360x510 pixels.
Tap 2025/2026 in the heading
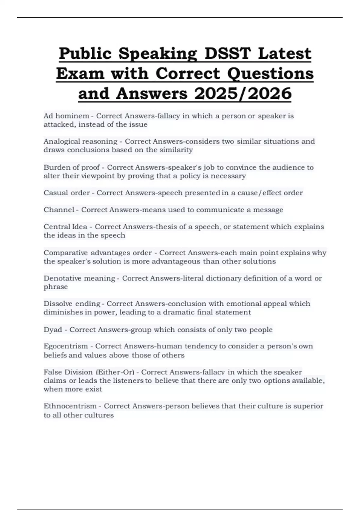click(x=243, y=93)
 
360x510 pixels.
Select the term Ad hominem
click(x=66, y=116)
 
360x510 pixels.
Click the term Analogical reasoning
click(x=80, y=141)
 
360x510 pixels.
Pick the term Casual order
click(x=67, y=193)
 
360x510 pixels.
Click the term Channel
click(x=59, y=210)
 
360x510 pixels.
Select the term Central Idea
click(x=65, y=226)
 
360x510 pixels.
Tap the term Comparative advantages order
click(x=97, y=253)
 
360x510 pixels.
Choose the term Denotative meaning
click(x=79, y=278)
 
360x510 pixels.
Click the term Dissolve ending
click(x=72, y=304)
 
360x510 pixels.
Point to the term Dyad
click(x=52, y=330)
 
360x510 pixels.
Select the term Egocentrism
click(x=66, y=346)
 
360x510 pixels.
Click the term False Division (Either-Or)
click(x=89, y=372)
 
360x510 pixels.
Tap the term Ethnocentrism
click(x=70, y=406)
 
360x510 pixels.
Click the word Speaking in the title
click(x=157, y=53)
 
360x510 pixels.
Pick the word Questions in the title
click(x=270, y=73)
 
